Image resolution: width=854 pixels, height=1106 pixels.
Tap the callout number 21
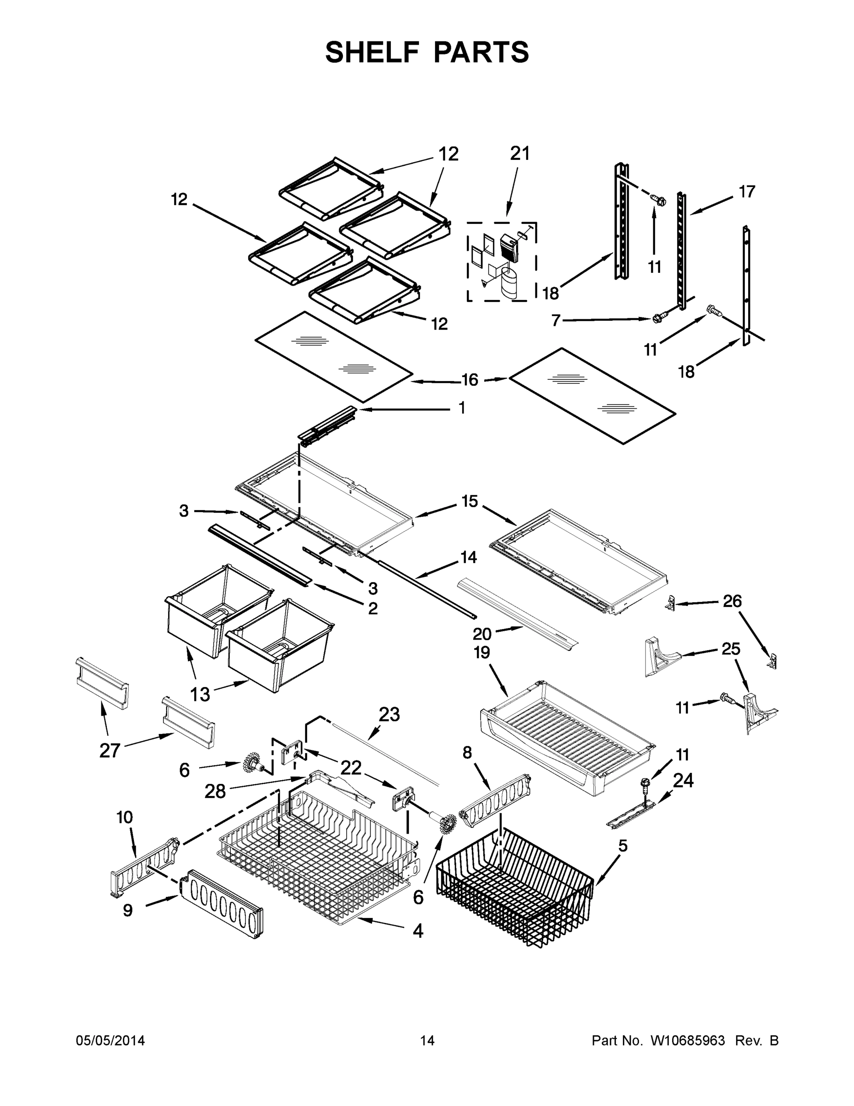[x=520, y=153]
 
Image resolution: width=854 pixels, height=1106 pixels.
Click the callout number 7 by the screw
[x=556, y=321]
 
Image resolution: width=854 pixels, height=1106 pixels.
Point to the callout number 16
[x=470, y=379]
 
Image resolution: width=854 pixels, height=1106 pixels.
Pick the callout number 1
[x=461, y=408]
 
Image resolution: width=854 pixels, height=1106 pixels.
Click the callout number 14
[x=469, y=557]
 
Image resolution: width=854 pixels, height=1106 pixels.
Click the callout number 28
[x=215, y=791]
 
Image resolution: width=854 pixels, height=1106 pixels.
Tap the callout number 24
[x=683, y=781]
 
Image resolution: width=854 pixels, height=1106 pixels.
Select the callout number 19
[x=482, y=653]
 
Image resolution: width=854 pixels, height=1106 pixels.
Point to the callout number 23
[x=389, y=715]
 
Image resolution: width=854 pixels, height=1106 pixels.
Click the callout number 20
[x=482, y=634]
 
